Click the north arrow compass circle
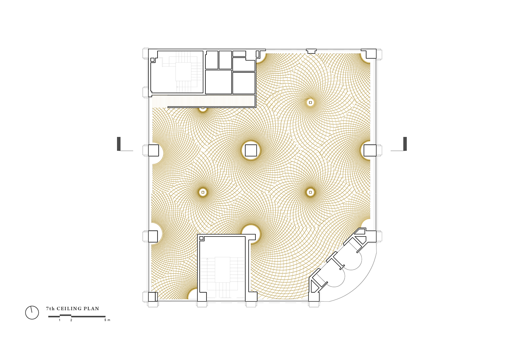pos(32,312)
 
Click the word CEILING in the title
pos(69,309)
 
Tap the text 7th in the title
pos(50,309)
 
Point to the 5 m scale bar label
pos(107,320)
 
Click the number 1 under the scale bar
pos(60,320)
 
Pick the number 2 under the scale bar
pos(71,320)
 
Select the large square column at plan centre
pos(251,150)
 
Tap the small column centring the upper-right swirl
pos(310,103)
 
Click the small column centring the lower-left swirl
pos(203,192)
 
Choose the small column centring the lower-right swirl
pos(310,192)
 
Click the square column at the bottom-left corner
pos(153,297)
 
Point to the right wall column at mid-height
pos(370,150)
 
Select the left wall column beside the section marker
pos(153,150)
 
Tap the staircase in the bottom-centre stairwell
pos(222,278)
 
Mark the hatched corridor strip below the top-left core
pos(203,101)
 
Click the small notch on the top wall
pos(311,51)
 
